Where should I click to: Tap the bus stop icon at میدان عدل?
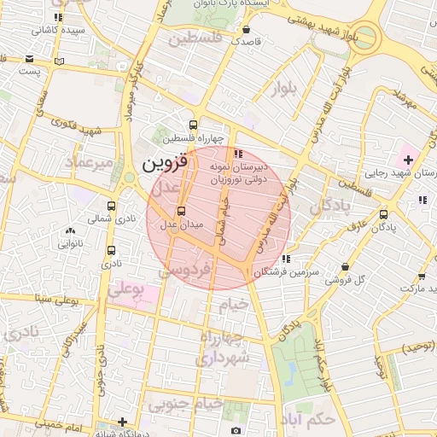[180, 211]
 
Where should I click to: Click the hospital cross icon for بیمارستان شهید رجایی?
[408, 160]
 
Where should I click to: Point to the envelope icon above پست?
[31, 59]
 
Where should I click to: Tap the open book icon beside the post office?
[59, 61]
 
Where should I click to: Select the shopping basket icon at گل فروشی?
[345, 266]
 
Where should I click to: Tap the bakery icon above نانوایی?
[70, 230]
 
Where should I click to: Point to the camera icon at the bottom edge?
[236, 431]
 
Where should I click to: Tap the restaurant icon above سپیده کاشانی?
[58, 17]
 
